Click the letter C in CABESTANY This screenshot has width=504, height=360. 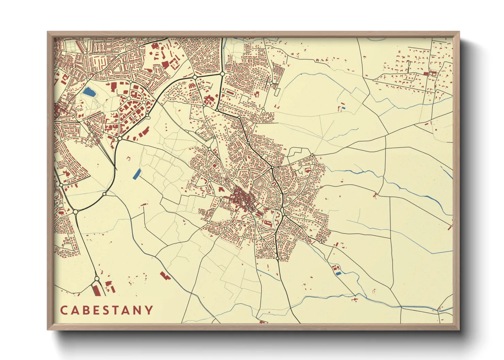coord(64,310)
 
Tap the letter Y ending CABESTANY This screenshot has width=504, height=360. coord(149,310)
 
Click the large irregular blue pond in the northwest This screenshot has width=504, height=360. coord(89,92)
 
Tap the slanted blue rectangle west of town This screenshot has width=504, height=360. coord(136,174)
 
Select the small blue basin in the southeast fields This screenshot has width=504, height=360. coord(338,273)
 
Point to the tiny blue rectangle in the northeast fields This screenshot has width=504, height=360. coord(343,108)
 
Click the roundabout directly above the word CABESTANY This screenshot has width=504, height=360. coord(97,279)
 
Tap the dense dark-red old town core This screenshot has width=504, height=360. coord(242,199)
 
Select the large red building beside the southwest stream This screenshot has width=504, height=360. coord(164,276)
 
